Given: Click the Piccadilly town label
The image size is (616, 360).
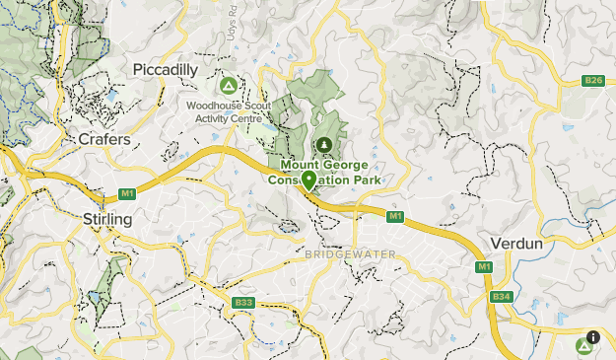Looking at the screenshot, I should point(166,70).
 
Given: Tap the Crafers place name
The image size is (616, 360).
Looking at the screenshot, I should point(104,141).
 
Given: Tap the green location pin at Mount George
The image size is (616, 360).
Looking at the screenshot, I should point(308,180).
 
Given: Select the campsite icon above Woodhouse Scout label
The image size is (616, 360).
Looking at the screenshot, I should point(228,86).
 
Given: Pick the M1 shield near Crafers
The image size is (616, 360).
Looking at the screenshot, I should point(127,192).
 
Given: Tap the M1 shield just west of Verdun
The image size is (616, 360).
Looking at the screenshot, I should point(483,267).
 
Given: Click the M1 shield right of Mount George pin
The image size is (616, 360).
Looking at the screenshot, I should point(394,216).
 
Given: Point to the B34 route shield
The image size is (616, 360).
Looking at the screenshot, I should point(501,296).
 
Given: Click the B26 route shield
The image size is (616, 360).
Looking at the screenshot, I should point(592,81).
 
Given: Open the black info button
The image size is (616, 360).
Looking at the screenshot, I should point(594,337).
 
